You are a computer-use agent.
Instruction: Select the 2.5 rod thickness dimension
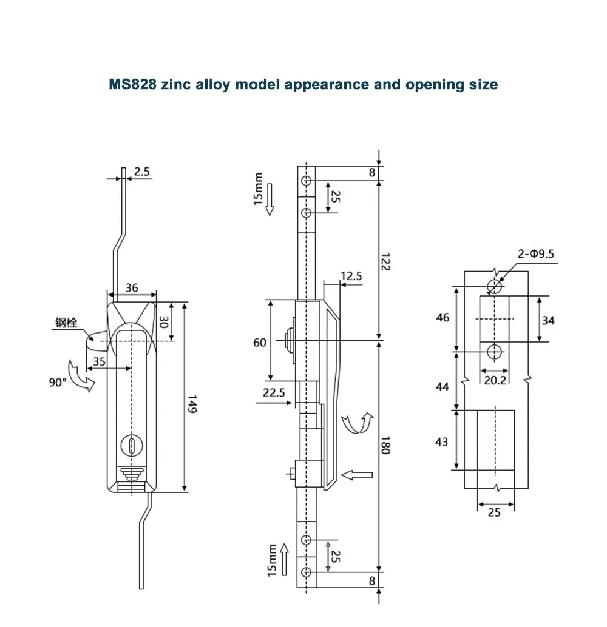click(141, 172)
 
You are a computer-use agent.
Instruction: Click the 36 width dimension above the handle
click(132, 289)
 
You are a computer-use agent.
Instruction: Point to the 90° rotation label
click(58, 383)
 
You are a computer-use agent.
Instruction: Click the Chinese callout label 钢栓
click(66, 323)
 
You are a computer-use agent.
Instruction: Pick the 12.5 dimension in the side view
click(351, 277)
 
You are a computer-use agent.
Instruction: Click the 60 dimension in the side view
click(259, 343)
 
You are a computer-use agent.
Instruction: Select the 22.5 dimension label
click(274, 392)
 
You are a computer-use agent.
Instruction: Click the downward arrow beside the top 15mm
click(271, 210)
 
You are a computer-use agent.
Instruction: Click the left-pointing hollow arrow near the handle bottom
click(356, 475)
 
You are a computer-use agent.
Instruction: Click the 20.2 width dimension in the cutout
click(495, 381)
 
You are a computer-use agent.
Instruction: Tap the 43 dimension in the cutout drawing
click(441, 441)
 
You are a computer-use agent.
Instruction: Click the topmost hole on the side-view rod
click(307, 181)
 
